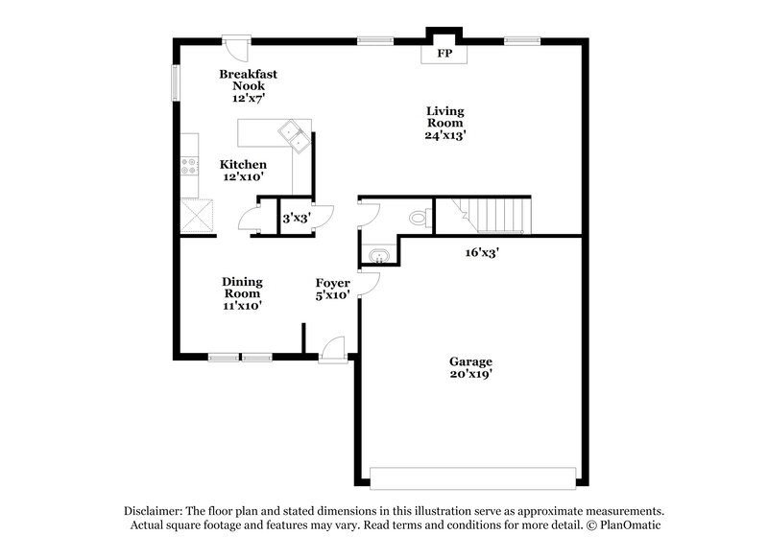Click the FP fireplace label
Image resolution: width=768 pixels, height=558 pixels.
[444, 55]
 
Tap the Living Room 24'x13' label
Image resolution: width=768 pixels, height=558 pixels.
[445, 123]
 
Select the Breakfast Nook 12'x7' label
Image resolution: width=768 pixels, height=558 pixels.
[241, 86]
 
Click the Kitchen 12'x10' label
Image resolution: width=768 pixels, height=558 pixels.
[243, 171]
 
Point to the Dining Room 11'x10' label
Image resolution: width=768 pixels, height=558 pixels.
[243, 293]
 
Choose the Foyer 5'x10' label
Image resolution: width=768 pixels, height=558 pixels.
[333, 290]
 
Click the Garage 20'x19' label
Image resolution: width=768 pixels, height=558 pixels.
[470, 368]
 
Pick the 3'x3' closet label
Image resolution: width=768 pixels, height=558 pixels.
[295, 219]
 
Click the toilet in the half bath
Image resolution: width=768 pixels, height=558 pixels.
[418, 218]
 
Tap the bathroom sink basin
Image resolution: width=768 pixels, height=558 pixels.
[377, 256]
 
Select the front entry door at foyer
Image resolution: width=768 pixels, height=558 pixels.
[333, 349]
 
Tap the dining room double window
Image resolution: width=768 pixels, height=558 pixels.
[239, 357]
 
